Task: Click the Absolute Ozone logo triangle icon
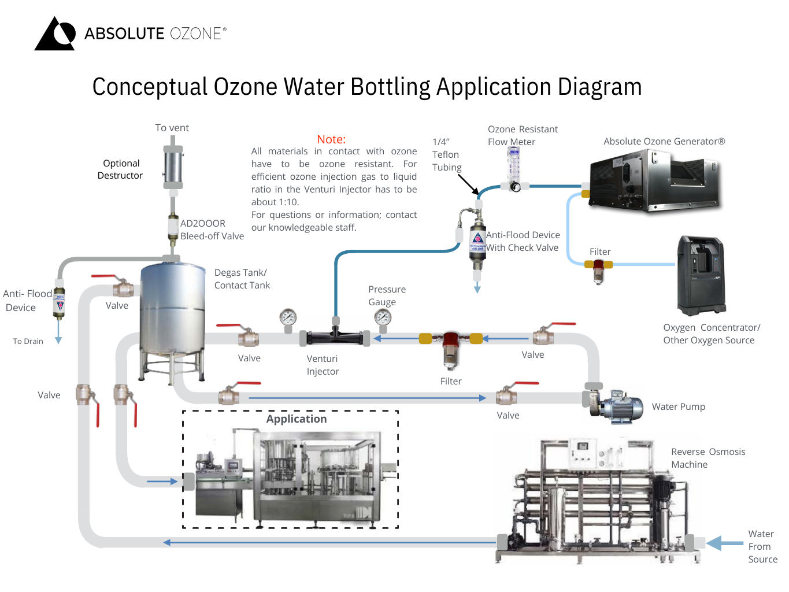pos(55,35)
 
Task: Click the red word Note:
pos(331,139)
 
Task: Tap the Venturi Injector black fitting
pos(335,336)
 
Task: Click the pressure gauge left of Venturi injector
pos(288,318)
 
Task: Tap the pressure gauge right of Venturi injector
pos(383,318)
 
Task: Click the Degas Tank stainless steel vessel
pos(173,309)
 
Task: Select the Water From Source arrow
pos(725,543)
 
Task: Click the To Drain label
pos(28,342)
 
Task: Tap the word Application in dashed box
pos(297,419)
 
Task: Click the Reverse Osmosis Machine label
pos(708,458)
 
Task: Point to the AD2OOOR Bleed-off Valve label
pos(212,230)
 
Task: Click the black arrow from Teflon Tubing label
pos(468,184)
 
